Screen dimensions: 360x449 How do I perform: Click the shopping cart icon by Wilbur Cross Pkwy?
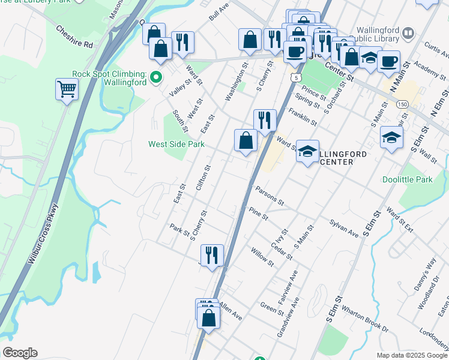click(x=67, y=89)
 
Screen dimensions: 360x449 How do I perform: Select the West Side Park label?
click(x=176, y=144)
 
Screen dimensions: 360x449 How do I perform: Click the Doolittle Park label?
click(x=407, y=179)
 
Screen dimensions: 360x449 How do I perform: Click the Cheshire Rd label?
click(x=74, y=37)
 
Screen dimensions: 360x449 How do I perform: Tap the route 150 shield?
click(x=402, y=104)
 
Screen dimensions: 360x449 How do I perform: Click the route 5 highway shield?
click(x=295, y=77)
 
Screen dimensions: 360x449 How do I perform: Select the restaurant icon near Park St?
click(x=212, y=254)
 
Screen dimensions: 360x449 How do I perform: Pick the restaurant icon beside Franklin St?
click(x=264, y=119)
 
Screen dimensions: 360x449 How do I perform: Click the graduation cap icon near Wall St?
click(x=391, y=138)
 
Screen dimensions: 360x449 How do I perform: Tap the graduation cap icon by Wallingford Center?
click(x=307, y=152)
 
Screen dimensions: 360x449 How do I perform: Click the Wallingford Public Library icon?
click(x=408, y=32)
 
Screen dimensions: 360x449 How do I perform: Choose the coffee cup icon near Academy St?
click(x=388, y=61)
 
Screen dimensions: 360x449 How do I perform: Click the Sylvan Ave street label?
click(x=343, y=229)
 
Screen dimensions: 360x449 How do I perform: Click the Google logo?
click(x=20, y=353)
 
